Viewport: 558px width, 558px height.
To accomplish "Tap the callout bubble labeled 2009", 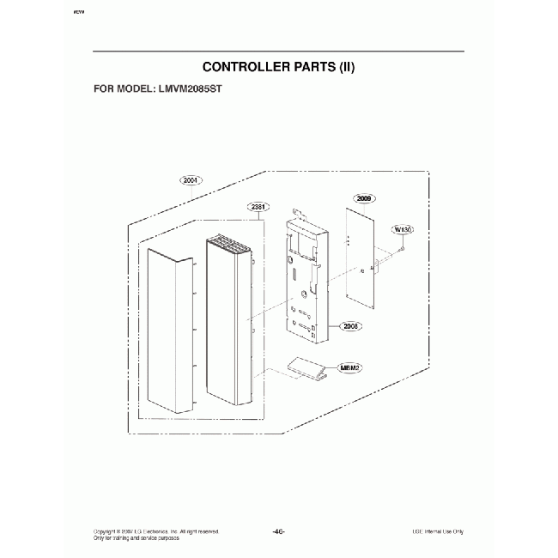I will coord(364,198).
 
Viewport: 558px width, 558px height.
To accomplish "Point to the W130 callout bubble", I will coord(402,229).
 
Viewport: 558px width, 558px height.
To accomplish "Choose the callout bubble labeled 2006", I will coord(350,325).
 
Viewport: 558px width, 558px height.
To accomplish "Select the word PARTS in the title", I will coord(316,66).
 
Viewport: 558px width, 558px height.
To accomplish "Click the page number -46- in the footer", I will coord(278,531).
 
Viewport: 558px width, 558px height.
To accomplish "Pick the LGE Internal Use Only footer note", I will coord(438,531).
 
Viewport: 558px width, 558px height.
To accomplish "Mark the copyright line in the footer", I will coord(155,531).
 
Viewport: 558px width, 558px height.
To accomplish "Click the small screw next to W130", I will coord(399,248).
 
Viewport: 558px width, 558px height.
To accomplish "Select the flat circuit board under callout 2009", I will coord(361,258).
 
